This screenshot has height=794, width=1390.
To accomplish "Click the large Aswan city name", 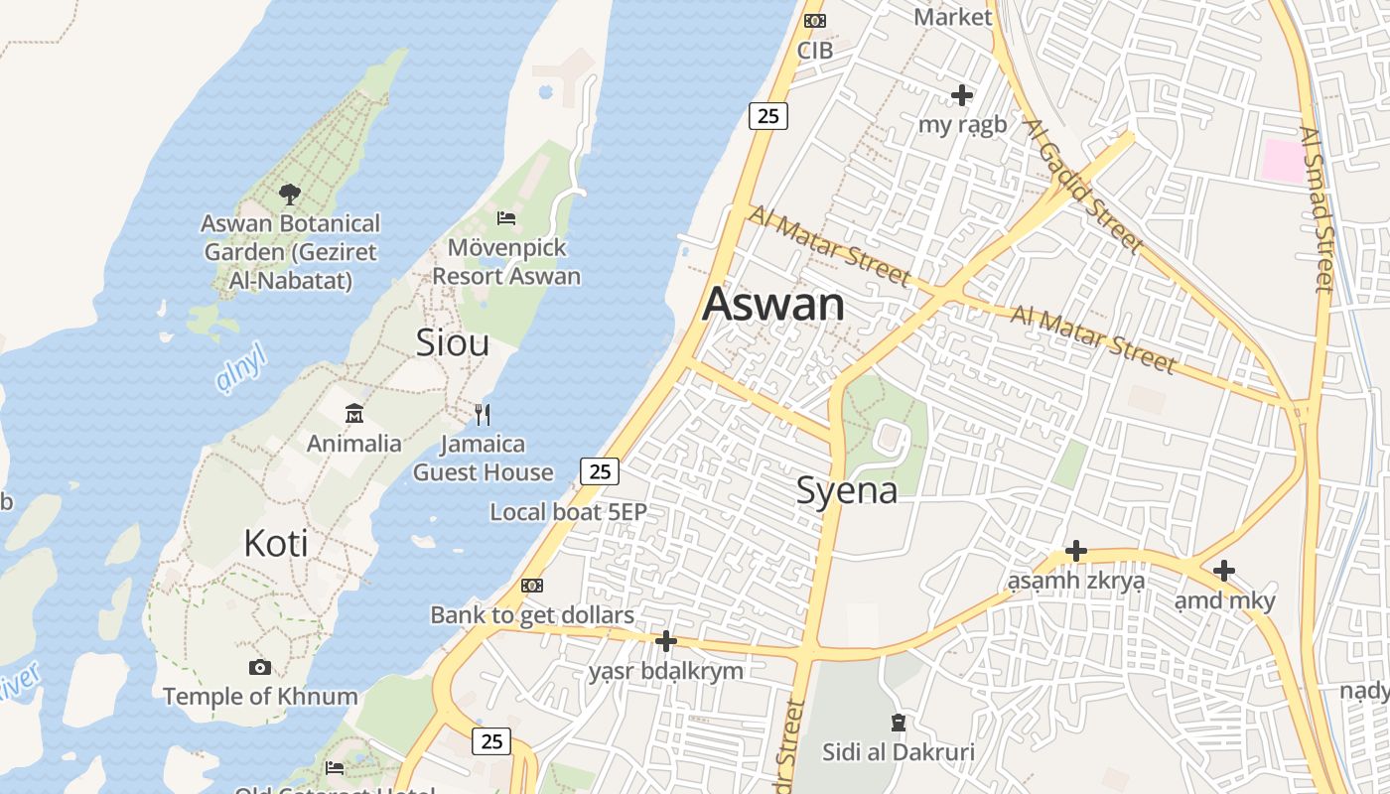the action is point(773,305).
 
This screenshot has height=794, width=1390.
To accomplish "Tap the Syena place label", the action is point(847,490).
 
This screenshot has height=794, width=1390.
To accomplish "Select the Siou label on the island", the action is point(452,342).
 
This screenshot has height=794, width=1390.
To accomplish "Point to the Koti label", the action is point(275,543).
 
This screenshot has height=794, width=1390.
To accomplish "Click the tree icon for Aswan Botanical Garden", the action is point(289,194).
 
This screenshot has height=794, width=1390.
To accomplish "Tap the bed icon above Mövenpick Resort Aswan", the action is point(506,217).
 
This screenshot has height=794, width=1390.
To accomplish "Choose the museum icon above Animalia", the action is point(354,413).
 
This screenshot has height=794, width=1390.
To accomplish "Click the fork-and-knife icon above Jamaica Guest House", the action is point(483,413).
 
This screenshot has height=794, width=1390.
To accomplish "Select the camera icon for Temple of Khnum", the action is point(260,667).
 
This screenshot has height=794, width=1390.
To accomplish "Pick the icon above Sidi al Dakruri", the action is point(899,723).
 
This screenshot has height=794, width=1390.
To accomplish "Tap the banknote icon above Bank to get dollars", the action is point(532,586).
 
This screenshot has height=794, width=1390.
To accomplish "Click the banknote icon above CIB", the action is point(815,21).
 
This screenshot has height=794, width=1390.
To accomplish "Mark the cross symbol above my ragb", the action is point(961,95).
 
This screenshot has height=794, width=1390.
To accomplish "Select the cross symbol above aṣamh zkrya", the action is point(1075,551).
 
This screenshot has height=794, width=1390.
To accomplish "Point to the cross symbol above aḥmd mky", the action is point(1224,571).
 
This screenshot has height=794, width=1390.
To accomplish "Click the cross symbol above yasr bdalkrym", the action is point(666,641).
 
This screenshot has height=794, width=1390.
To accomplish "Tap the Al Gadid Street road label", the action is point(1084,187).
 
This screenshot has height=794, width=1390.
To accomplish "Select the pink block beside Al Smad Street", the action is point(1282,161).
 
